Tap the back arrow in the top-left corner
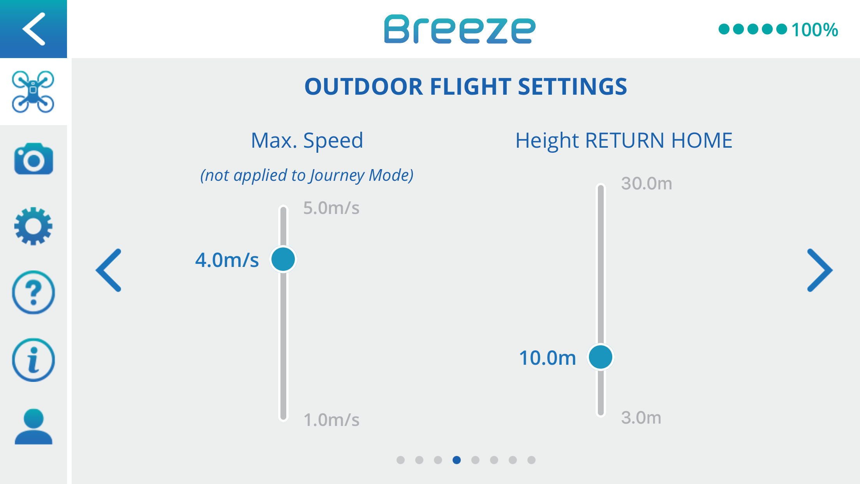pos(33,29)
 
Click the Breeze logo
pos(460,29)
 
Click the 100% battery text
pos(815,30)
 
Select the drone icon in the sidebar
pos(33,92)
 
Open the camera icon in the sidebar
pos(33,159)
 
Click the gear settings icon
pos(33,226)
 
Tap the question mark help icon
pos(33,292)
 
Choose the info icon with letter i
pos(33,360)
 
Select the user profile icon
pos(33,426)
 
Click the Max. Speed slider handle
pos(283,259)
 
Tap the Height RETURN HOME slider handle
pos(601,357)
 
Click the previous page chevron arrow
pos(109,270)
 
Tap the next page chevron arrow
pos(820,270)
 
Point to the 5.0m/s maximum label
pos(331,208)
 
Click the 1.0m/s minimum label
pos(331,420)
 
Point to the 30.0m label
pos(647,183)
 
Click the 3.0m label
pos(641,417)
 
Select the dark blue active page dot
pos(456,460)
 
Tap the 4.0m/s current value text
pos(227,260)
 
